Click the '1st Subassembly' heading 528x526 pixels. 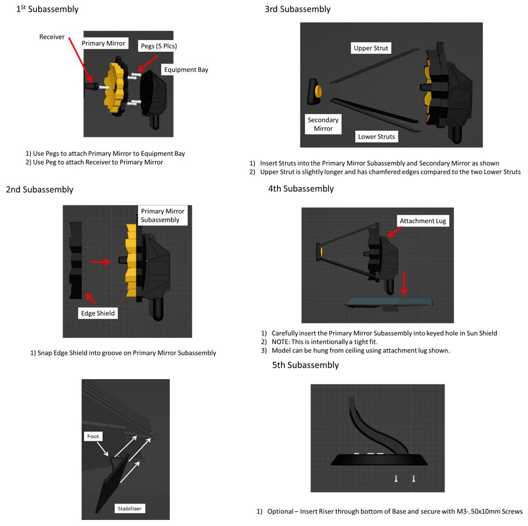pos(47,9)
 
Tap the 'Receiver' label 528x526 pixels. pos(52,37)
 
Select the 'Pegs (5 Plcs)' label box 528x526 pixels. pos(159,46)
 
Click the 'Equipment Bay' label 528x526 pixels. pos(186,69)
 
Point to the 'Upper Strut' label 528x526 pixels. pos(371,48)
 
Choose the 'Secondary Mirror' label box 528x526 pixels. pos(323,124)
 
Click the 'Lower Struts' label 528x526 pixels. pos(376,137)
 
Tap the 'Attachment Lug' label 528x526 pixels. pos(423,221)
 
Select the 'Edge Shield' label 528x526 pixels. pos(97,313)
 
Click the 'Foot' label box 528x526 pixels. pos(93,436)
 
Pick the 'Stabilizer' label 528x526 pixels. pos(129,508)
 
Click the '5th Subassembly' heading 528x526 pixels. pos(305,365)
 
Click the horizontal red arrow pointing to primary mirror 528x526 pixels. pos(100,262)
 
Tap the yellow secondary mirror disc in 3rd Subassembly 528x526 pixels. pos(319,91)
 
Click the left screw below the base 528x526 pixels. pos(396,478)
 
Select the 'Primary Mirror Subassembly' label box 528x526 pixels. pos(162,215)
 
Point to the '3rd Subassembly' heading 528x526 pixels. pos(298,9)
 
